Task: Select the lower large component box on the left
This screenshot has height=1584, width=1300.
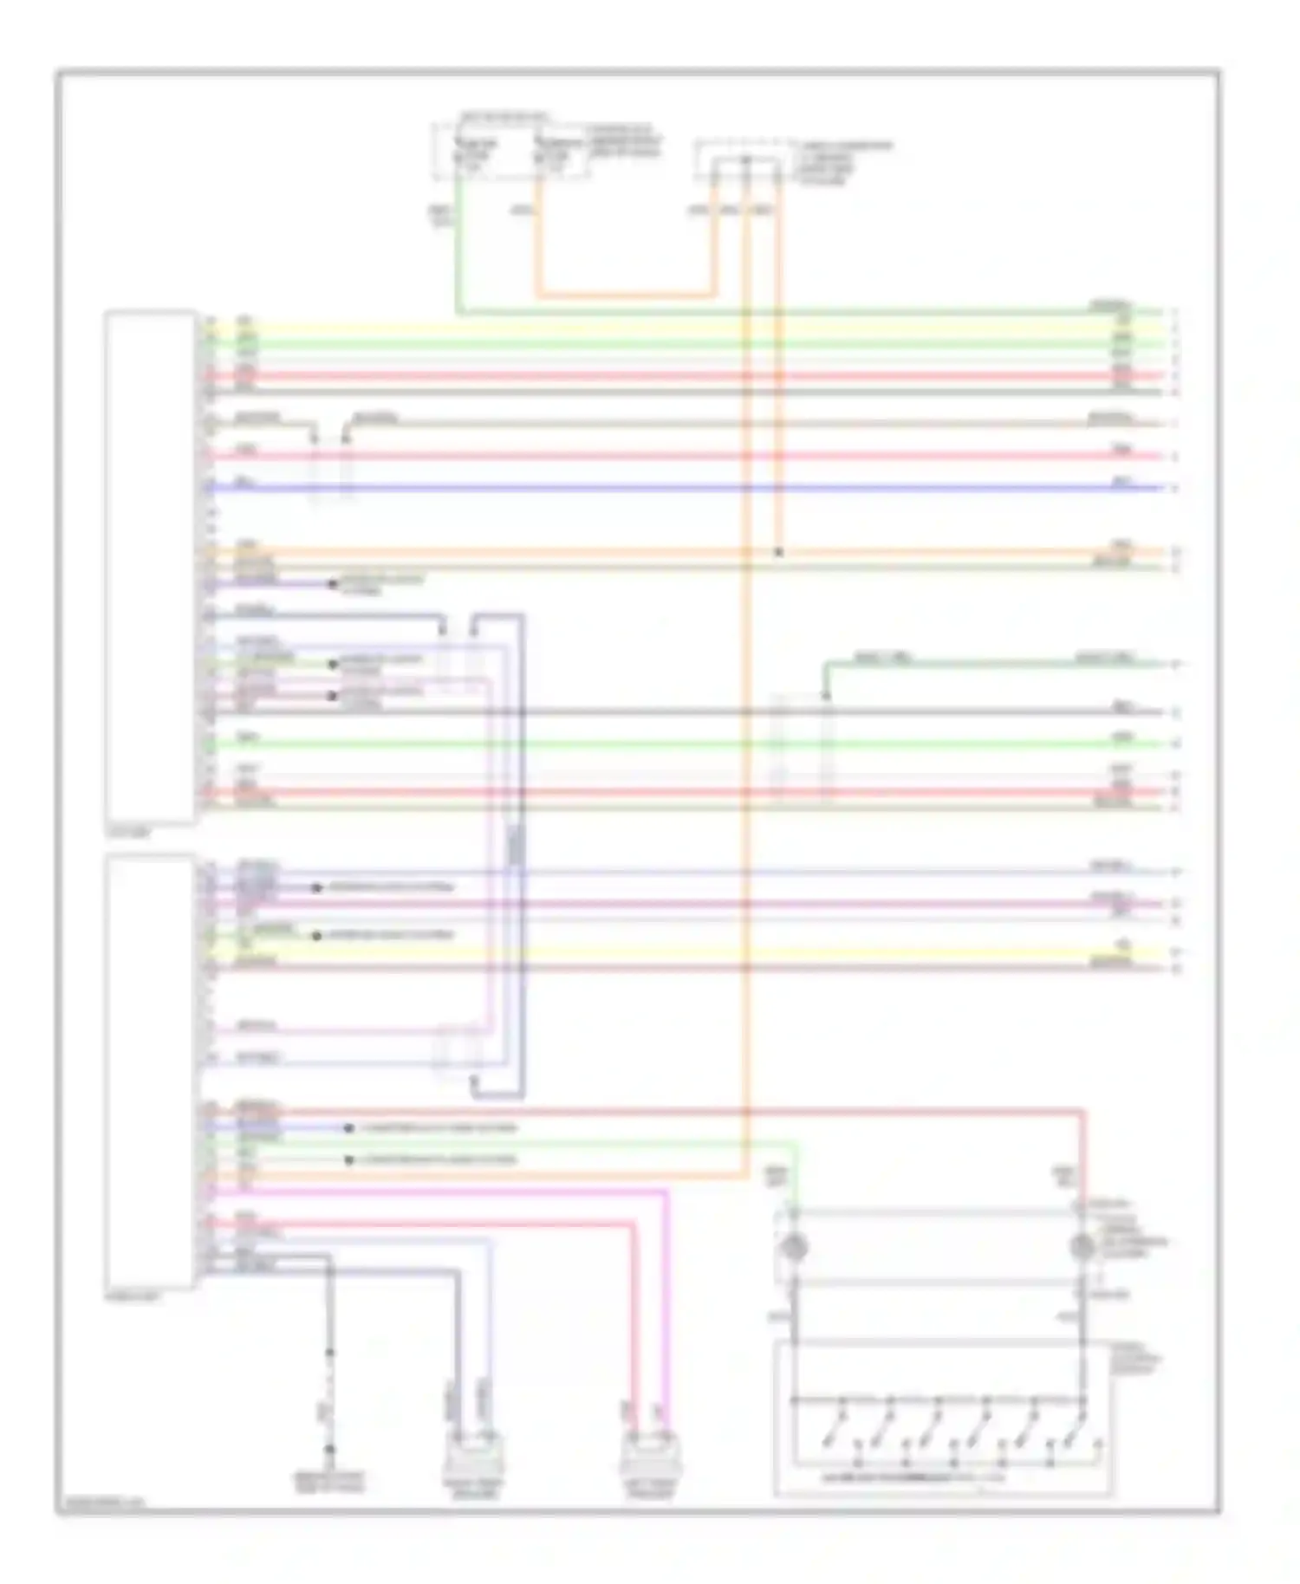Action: (149, 1071)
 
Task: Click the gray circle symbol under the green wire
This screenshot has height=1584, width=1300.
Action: (794, 1248)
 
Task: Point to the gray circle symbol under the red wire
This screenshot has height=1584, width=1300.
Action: (1082, 1248)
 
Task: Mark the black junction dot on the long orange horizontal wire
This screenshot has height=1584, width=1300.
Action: (778, 552)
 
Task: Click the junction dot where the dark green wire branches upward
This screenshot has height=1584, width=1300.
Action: (825, 696)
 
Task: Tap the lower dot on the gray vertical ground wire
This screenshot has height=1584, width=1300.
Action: (329, 1449)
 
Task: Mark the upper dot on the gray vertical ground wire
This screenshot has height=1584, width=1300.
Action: (329, 1353)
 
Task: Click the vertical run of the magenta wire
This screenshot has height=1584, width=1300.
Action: (666, 1300)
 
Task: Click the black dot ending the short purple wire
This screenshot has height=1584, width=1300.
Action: (332, 584)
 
